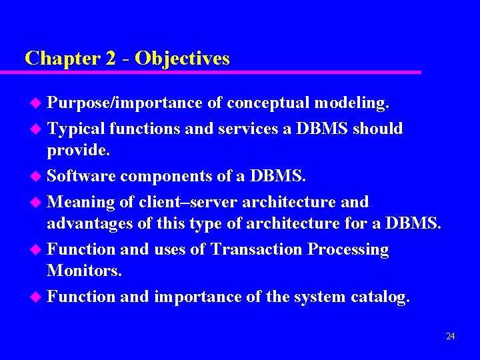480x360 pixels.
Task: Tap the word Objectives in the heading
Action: [x=182, y=59]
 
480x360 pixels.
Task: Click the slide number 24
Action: [x=451, y=336]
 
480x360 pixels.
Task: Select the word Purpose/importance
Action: [x=125, y=103]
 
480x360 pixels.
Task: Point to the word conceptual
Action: [x=269, y=103]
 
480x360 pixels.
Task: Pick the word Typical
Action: [x=77, y=128]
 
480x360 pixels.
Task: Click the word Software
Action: [x=82, y=177]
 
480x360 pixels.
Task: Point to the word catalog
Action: [x=380, y=297]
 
